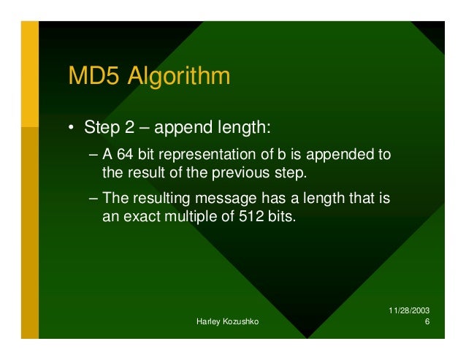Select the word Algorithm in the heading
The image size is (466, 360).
pos(180,77)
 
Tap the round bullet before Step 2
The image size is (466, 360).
pos(72,129)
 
